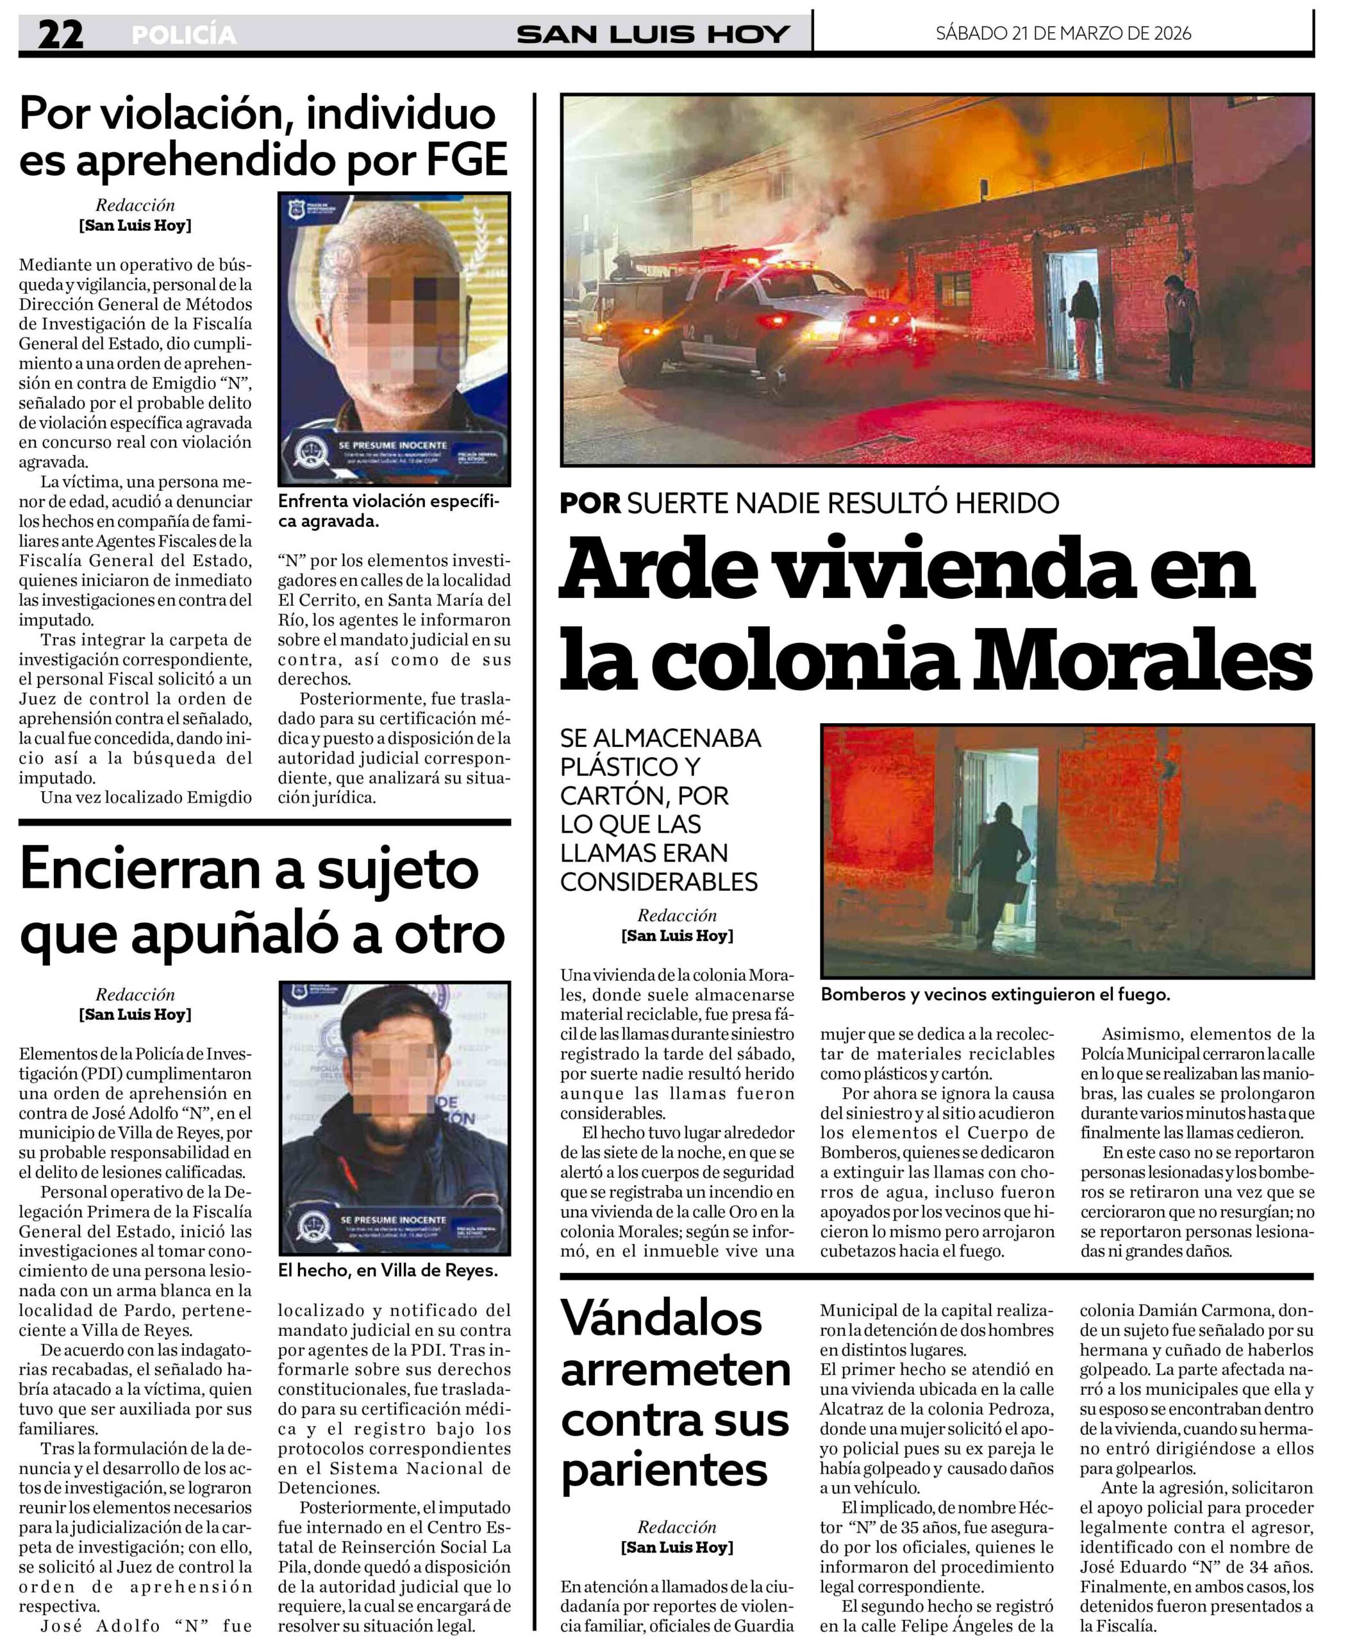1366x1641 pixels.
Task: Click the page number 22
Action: pos(60,35)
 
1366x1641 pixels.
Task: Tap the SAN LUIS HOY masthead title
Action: pos(653,35)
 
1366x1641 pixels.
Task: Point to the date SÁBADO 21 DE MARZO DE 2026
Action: pos(1063,33)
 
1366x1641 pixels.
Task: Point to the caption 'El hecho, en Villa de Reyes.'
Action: pos(388,1270)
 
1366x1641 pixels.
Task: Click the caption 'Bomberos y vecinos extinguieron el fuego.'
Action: pos(995,995)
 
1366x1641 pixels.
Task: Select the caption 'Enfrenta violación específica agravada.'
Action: pos(388,511)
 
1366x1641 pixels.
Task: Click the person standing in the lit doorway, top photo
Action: pos(1085,328)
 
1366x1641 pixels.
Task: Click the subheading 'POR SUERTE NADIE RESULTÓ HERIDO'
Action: pos(809,503)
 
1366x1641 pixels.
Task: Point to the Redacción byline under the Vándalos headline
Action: pos(677,1527)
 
